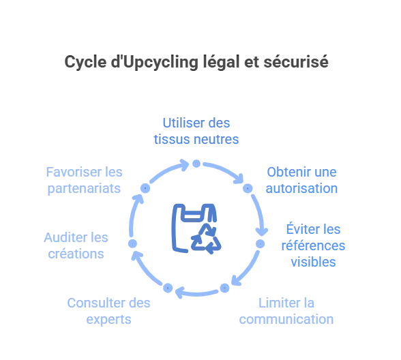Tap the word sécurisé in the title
(296, 62)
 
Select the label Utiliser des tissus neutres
(196, 131)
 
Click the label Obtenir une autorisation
(301, 180)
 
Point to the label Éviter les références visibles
(313, 245)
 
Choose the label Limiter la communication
(286, 311)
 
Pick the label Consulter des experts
(108, 311)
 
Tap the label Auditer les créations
(76, 245)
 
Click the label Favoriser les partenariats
(84, 180)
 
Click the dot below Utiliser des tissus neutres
(196, 164)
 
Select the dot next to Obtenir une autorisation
(248, 188)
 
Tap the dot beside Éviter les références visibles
(261, 244)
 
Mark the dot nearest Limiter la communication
(225, 288)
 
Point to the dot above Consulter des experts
(168, 288)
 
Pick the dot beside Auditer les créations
(132, 243)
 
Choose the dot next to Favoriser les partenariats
(145, 188)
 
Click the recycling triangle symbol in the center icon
(206, 239)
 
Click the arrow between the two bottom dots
(196, 294)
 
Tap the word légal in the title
(222, 63)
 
